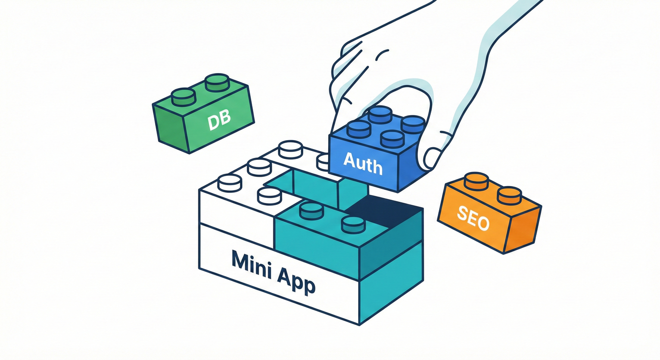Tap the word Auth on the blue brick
click(363, 163)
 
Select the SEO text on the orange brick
click(473, 218)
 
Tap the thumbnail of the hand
click(432, 158)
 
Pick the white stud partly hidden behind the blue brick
click(323, 162)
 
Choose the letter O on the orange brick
click(483, 223)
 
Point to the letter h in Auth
click(376, 166)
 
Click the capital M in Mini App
click(241, 258)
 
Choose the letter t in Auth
click(367, 164)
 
